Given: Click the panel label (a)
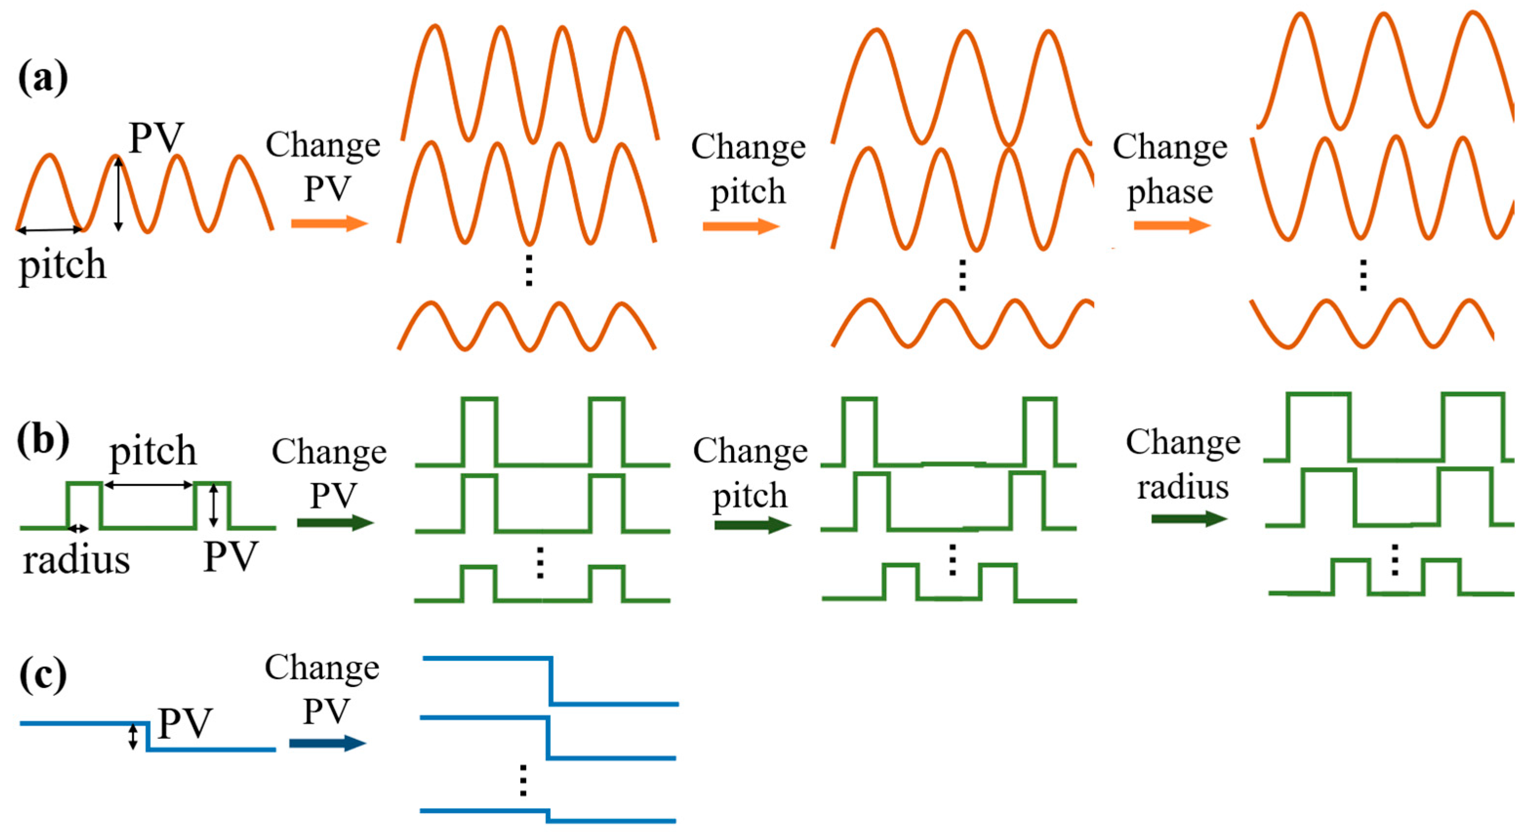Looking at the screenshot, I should tap(43, 79).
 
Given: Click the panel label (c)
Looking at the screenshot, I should tap(43, 675).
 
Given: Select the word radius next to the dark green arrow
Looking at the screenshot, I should tap(1182, 487).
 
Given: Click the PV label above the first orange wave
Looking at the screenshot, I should tap(157, 138).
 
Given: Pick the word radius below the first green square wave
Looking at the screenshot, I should tap(76, 560).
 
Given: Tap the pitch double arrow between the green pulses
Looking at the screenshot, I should tap(149, 485).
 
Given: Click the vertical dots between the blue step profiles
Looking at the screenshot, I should tap(522, 780).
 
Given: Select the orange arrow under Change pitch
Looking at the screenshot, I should tap(741, 226).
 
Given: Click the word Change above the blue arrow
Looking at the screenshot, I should tap(321, 668).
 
